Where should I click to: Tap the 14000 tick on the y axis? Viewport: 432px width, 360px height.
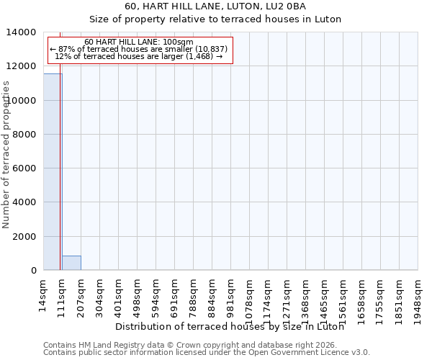[x=25, y=32]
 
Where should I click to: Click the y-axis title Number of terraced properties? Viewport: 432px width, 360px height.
[x=6, y=154]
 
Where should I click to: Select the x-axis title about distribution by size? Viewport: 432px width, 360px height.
[x=229, y=327]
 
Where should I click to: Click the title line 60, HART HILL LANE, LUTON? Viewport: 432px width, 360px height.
[x=215, y=6]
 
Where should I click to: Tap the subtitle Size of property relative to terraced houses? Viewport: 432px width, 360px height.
[x=215, y=19]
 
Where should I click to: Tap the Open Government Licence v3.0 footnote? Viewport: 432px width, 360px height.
[x=207, y=353]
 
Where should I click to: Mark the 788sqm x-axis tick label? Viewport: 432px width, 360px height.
[x=194, y=294]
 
